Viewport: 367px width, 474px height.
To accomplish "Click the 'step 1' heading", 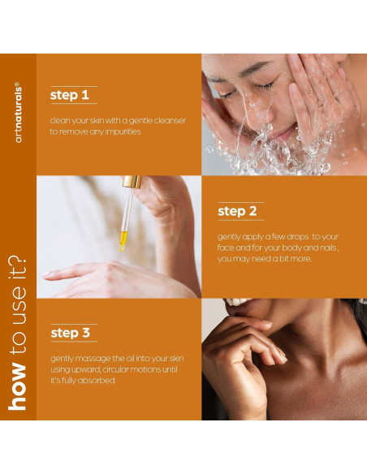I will pyautogui.click(x=70, y=96).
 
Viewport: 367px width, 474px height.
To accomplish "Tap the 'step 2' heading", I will pyautogui.click(x=237, y=212).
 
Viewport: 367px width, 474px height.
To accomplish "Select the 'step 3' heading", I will pyautogui.click(x=76, y=333).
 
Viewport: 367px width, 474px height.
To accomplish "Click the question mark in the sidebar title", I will pyautogui.click(x=18, y=265).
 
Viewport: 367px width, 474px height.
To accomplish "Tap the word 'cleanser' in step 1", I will pyautogui.click(x=166, y=121).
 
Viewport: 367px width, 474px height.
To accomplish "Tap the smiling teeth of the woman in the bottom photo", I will pyautogui.click(x=237, y=302).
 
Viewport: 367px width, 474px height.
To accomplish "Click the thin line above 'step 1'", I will pyautogui.click(x=73, y=85).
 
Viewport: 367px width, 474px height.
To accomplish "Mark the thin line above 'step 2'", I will pyautogui.click(x=240, y=202).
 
